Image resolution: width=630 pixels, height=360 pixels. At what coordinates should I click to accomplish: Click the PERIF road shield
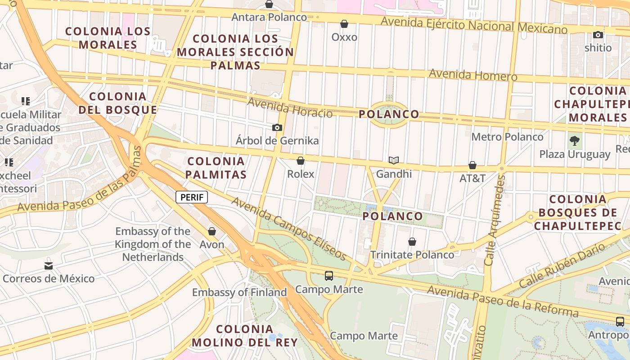[x=192, y=197]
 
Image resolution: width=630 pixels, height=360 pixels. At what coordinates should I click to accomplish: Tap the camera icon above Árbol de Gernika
[x=277, y=128]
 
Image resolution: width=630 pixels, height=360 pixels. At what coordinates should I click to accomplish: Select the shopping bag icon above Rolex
[x=301, y=161]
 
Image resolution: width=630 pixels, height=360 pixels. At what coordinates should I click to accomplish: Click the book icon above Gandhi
[x=394, y=160]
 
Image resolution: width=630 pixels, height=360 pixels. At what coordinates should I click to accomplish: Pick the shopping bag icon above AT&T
[x=472, y=165]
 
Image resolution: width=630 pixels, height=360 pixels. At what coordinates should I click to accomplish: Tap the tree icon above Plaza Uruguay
[x=574, y=141]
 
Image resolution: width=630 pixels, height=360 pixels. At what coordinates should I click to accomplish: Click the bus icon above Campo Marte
[x=329, y=276]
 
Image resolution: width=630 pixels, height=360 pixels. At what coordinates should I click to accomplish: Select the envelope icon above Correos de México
[x=49, y=266]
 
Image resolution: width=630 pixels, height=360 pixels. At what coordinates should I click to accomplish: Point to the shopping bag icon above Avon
[x=212, y=231]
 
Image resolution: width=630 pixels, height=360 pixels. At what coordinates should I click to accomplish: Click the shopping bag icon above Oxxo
[x=344, y=24]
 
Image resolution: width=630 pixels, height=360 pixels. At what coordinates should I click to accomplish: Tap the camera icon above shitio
[x=598, y=35]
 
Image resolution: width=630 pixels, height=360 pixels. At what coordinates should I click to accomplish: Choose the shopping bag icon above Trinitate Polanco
[x=412, y=242]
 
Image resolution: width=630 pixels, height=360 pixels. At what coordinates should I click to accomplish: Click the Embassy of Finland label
[x=239, y=292]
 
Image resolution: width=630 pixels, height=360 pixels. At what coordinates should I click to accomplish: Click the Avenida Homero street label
[x=473, y=75]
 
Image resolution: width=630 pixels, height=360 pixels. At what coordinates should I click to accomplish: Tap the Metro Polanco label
[x=508, y=136]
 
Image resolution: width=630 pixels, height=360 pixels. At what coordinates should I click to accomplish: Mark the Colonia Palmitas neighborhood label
[x=216, y=168]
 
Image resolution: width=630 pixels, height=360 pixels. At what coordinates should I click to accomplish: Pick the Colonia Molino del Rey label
[x=245, y=336]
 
